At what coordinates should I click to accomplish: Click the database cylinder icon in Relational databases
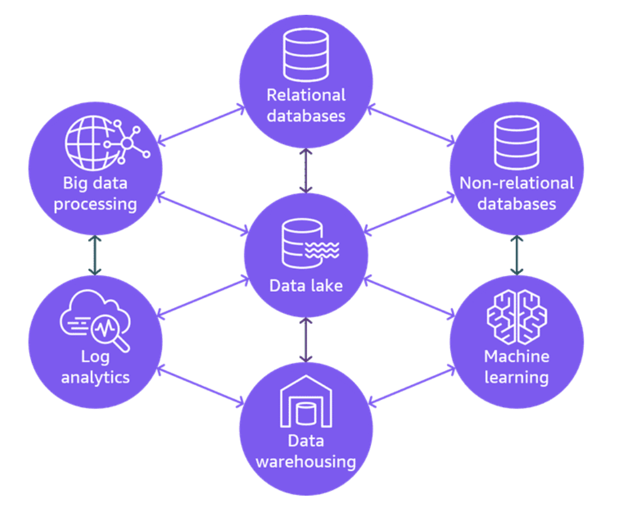(306, 54)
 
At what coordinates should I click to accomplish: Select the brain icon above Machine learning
(517, 316)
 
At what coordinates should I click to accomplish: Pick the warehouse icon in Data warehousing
(305, 402)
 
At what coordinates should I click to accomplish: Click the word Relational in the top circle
(306, 95)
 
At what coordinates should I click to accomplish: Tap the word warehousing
(305, 461)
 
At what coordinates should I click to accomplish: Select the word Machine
(517, 356)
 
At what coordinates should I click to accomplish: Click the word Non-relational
(517, 183)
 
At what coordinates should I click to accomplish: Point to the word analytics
(95, 377)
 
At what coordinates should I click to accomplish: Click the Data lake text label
(306, 286)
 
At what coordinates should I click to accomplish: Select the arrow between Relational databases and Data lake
(305, 171)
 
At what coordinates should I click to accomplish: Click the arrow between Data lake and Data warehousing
(305, 340)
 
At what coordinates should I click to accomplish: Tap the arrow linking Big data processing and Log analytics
(94, 255)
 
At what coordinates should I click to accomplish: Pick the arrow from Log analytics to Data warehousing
(201, 387)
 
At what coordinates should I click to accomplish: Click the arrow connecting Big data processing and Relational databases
(201, 124)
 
